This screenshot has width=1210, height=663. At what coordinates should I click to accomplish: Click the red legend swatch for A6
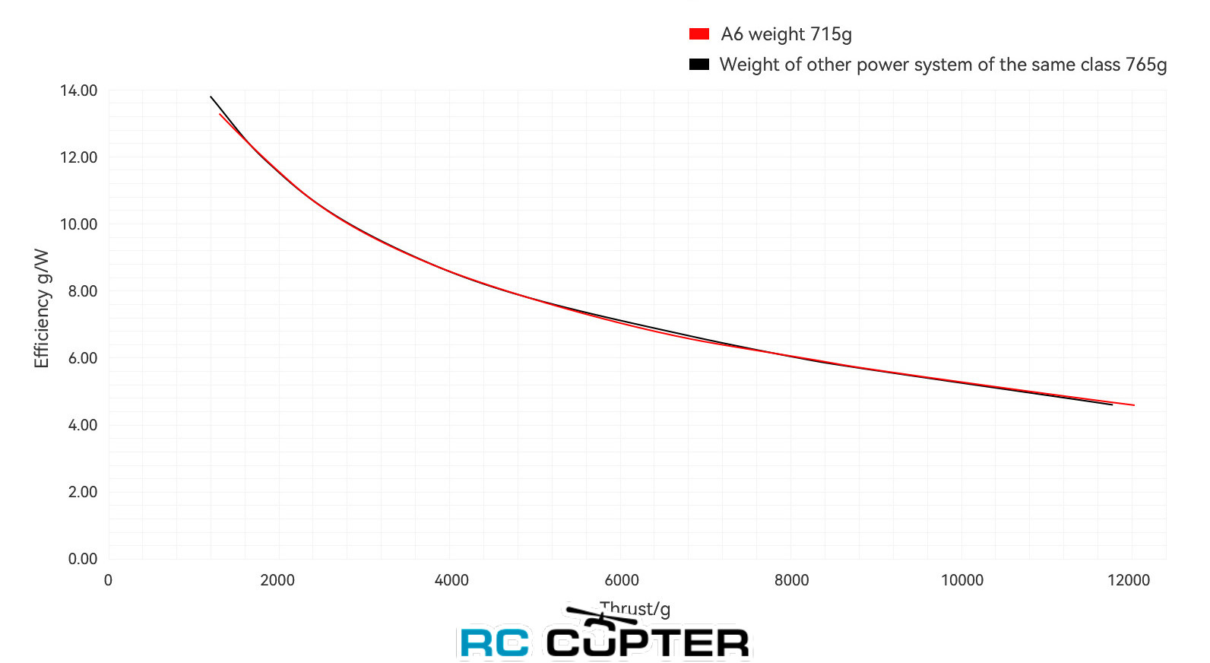click(x=698, y=34)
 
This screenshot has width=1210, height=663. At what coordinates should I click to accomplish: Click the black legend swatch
click(x=698, y=65)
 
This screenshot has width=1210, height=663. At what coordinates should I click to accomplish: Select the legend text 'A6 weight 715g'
click(x=786, y=34)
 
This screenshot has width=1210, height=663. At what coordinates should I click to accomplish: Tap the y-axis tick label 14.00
click(x=79, y=90)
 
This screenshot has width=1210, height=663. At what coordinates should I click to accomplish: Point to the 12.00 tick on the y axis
click(x=79, y=157)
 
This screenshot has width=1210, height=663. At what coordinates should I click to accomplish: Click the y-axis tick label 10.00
click(x=79, y=224)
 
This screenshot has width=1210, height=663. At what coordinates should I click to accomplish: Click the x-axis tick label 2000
click(x=277, y=580)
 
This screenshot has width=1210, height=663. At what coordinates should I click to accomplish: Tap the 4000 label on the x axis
click(x=451, y=580)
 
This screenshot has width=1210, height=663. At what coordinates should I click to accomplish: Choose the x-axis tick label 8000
click(x=791, y=580)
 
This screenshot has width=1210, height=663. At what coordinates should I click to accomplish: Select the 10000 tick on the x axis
click(x=962, y=580)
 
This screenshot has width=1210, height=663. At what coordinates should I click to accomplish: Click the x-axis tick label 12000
click(x=1129, y=580)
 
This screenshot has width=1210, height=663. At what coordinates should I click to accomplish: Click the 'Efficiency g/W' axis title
click(x=42, y=308)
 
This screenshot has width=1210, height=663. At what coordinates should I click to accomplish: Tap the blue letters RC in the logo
click(x=495, y=643)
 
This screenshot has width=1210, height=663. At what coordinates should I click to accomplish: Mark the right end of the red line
click(x=1133, y=405)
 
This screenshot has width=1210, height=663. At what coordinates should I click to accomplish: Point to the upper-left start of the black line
click(x=211, y=97)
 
